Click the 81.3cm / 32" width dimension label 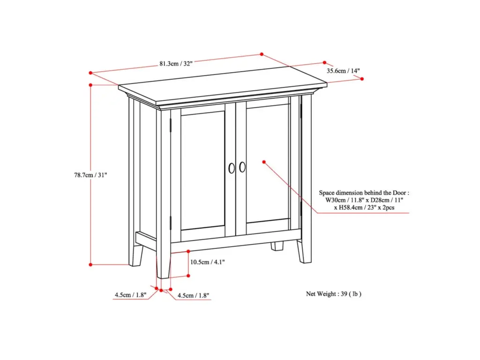point(176,64)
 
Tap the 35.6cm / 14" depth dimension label point(343,71)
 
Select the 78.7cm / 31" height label point(90,175)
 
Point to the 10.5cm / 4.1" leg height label point(207,262)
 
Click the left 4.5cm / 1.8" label point(131,295)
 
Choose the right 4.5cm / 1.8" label point(194,295)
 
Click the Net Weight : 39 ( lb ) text point(334,294)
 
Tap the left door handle point(232,168)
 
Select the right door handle point(242,167)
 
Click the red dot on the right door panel point(264,162)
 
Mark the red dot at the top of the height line point(90,85)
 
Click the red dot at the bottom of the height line point(90,264)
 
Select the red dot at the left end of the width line point(90,73)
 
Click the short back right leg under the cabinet point(277,246)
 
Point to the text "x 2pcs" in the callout point(386,208)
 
